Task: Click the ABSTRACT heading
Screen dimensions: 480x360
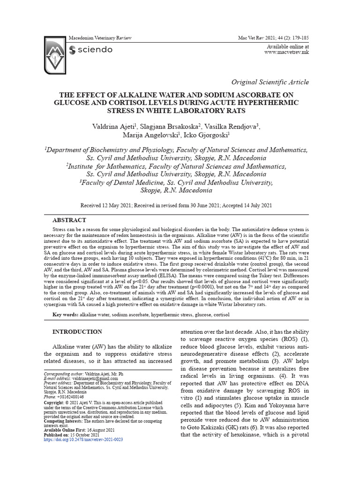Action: (x=69, y=220)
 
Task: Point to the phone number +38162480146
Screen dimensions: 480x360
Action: (x=70, y=397)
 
